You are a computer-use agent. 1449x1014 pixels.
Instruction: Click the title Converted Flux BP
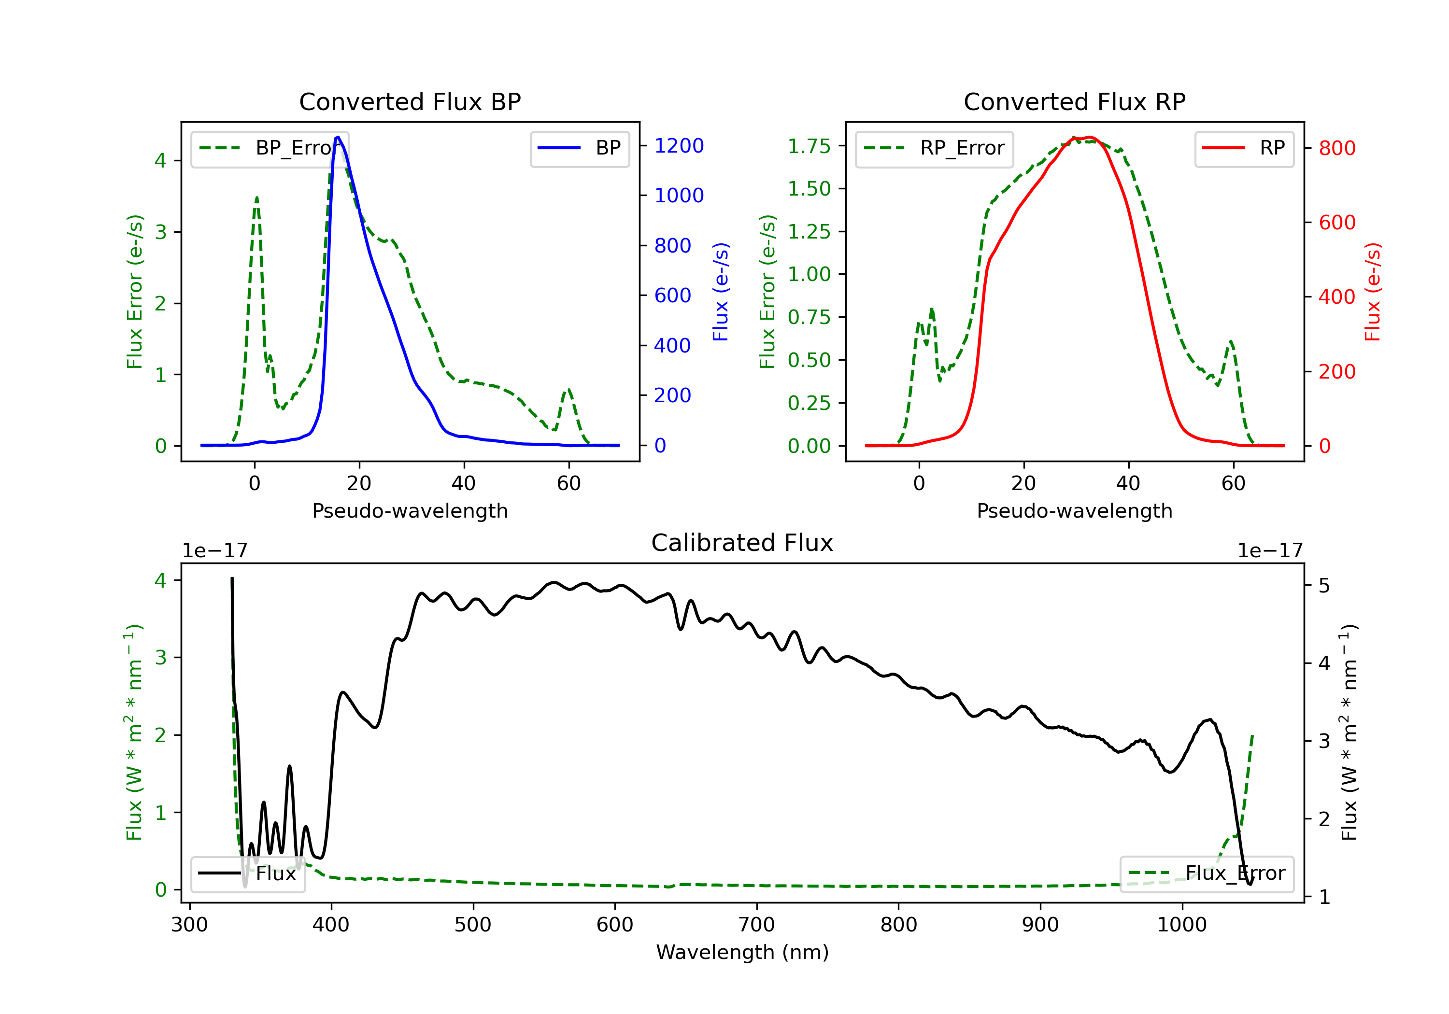pos(410,101)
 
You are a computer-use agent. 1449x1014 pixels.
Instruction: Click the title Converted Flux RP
pos(1074,101)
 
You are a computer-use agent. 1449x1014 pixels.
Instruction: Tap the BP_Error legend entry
pos(270,148)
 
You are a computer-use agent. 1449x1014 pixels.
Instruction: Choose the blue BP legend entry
pos(579,148)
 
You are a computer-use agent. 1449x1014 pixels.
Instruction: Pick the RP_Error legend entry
pos(934,148)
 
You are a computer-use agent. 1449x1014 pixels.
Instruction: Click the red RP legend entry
pos(1244,148)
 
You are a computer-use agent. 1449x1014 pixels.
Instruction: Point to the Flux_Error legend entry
pos(1206,873)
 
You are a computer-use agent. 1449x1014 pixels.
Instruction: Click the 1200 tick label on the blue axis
pos(679,146)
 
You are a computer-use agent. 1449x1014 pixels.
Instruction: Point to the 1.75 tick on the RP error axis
pos(809,146)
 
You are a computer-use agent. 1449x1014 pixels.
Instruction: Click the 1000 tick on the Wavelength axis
pos(1181,925)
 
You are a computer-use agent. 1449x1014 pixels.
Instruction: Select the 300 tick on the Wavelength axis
pos(189,925)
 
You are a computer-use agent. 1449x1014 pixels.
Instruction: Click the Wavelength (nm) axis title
pos(742,952)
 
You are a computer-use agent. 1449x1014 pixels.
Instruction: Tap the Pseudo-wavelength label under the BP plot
pos(410,510)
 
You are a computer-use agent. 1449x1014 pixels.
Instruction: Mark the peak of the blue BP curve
pos(338,137)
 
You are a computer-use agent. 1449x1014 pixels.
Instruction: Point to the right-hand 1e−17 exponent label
pos(1270,551)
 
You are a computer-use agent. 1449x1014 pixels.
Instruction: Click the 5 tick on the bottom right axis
pos(1324,586)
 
